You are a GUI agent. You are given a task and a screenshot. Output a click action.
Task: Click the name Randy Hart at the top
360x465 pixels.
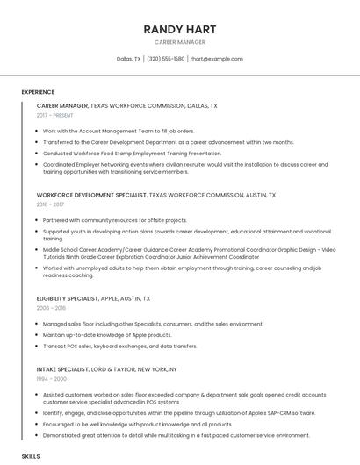(180, 30)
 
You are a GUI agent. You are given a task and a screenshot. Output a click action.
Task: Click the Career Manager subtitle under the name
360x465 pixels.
(180, 42)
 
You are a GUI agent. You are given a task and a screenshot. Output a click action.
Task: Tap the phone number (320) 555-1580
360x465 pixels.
(166, 59)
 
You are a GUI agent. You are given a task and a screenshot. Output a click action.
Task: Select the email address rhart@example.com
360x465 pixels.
(216, 59)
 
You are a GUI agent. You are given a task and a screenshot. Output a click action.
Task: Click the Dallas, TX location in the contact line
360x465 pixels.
(128, 59)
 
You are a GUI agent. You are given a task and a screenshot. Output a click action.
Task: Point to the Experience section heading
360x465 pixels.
(38, 92)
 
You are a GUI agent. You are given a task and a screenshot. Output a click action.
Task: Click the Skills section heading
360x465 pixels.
(31, 457)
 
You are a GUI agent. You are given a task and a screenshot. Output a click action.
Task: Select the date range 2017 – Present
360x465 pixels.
(55, 115)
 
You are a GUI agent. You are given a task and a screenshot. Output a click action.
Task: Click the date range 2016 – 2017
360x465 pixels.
(50, 204)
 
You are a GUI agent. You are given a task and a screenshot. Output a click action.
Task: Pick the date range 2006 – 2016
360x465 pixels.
(51, 308)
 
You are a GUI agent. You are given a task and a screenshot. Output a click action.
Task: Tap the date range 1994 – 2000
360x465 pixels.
(51, 379)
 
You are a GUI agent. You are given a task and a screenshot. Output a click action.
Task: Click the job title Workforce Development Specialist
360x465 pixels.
(91, 195)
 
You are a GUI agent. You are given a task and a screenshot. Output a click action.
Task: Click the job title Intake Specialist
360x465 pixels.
(61, 369)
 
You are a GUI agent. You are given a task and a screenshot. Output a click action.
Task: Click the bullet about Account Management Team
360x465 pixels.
(119, 131)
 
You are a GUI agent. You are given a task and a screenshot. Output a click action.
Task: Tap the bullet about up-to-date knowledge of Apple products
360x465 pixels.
(107, 334)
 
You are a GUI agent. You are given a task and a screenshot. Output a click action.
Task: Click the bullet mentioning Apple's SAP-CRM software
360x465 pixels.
(178, 412)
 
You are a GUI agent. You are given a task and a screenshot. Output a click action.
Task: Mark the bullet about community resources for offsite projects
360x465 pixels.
(114, 220)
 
